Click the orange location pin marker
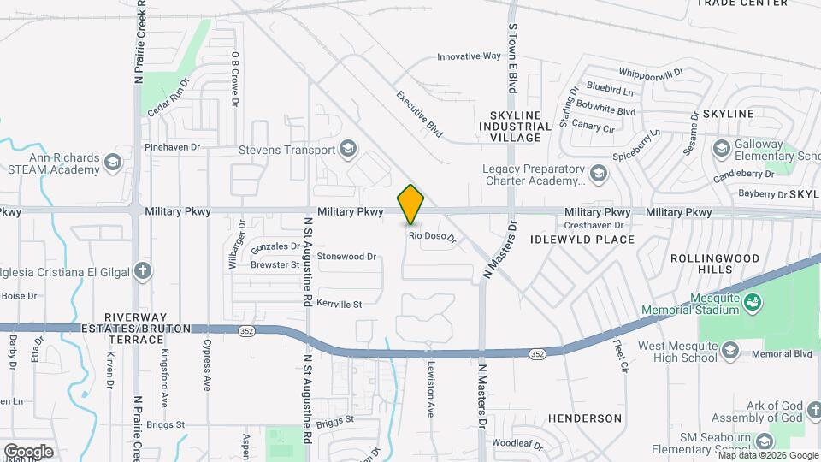(x=410, y=204)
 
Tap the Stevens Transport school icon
(x=347, y=150)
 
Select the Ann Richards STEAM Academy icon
(x=112, y=163)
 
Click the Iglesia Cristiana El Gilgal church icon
(x=143, y=272)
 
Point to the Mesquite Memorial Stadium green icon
(x=753, y=301)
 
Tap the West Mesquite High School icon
(x=729, y=349)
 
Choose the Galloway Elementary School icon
(x=722, y=149)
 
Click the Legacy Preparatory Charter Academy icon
(x=598, y=175)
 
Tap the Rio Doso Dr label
(x=432, y=236)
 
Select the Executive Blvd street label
(x=419, y=115)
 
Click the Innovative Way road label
(x=469, y=56)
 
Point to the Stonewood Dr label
(x=346, y=256)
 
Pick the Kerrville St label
(x=340, y=303)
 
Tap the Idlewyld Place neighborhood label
(x=583, y=240)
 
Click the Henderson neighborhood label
(x=585, y=418)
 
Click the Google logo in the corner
(x=28, y=451)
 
